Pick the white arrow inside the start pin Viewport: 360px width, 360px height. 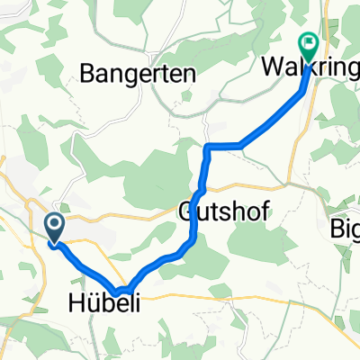click(54, 225)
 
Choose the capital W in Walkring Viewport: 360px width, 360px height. click(273, 67)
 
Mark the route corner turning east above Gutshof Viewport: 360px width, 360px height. click(209, 146)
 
